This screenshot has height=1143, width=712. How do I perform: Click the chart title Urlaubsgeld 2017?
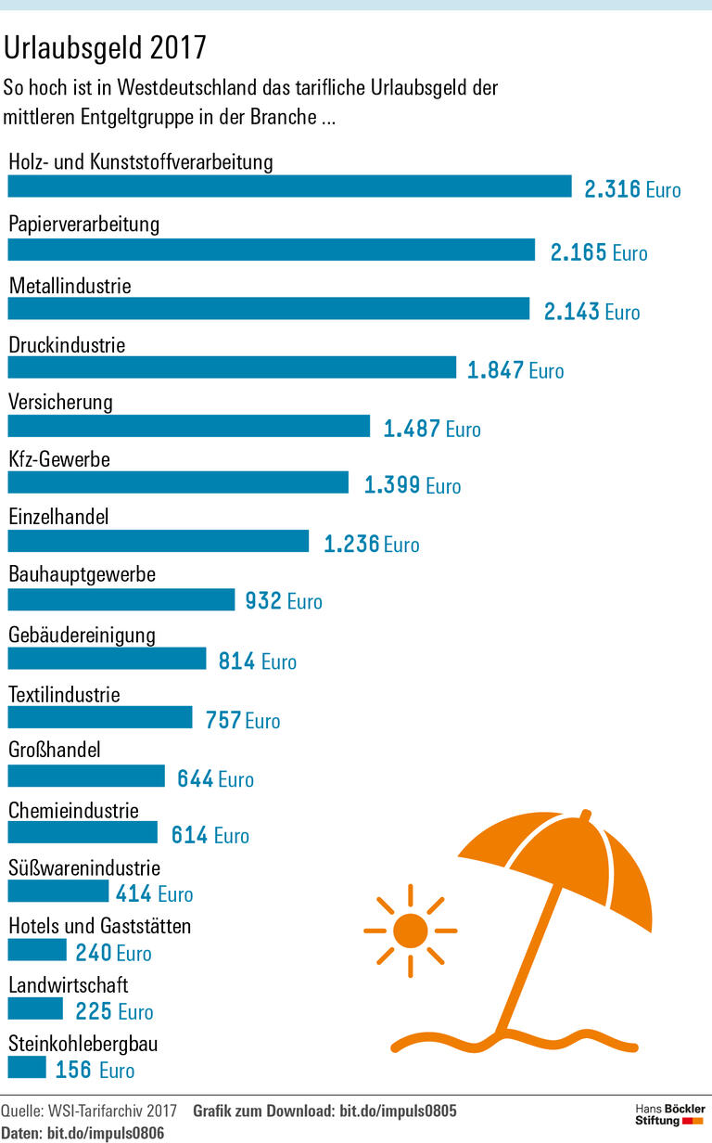[106, 46]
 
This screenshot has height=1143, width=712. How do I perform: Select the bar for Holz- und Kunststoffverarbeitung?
[289, 186]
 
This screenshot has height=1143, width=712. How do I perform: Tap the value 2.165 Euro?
[598, 252]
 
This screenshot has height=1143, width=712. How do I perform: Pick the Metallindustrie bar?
[269, 309]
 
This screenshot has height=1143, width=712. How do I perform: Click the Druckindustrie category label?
[67, 345]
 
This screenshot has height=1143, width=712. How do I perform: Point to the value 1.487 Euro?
[432, 429]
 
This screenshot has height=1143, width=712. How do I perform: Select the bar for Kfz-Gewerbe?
[178, 482]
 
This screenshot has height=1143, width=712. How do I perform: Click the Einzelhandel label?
[58, 517]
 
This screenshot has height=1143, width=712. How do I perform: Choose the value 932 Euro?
[284, 601]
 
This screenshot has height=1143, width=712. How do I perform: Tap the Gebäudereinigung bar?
[107, 659]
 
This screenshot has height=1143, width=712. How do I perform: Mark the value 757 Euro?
[242, 720]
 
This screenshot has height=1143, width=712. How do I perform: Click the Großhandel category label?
[55, 750]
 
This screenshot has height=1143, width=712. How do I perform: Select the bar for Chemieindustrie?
[83, 832]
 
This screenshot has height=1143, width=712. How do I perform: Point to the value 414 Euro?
[154, 894]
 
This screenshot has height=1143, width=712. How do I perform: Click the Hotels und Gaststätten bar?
[37, 950]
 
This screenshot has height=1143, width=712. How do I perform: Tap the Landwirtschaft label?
[69, 984]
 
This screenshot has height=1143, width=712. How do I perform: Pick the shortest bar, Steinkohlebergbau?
[27, 1068]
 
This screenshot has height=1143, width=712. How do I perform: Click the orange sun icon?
[410, 929]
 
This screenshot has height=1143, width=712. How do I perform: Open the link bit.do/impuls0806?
[106, 1133]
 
